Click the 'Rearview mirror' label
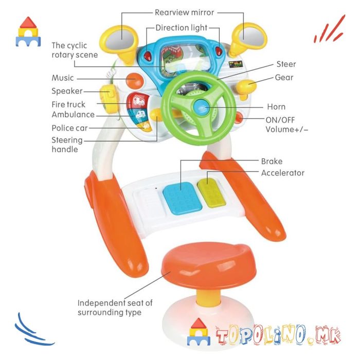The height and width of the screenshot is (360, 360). [x=184, y=12]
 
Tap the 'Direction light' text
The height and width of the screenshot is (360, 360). [x=184, y=27]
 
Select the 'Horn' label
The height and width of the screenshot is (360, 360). [x=276, y=107]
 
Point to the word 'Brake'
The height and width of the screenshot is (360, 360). [x=272, y=161]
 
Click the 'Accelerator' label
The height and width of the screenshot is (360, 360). [x=282, y=173]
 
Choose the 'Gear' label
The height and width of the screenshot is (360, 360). [x=284, y=78]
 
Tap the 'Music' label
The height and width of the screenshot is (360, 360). [x=63, y=78]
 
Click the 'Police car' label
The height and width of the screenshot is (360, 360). [x=69, y=128]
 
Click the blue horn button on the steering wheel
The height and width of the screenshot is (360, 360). [x=201, y=107]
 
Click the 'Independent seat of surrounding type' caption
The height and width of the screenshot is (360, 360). [x=115, y=308]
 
